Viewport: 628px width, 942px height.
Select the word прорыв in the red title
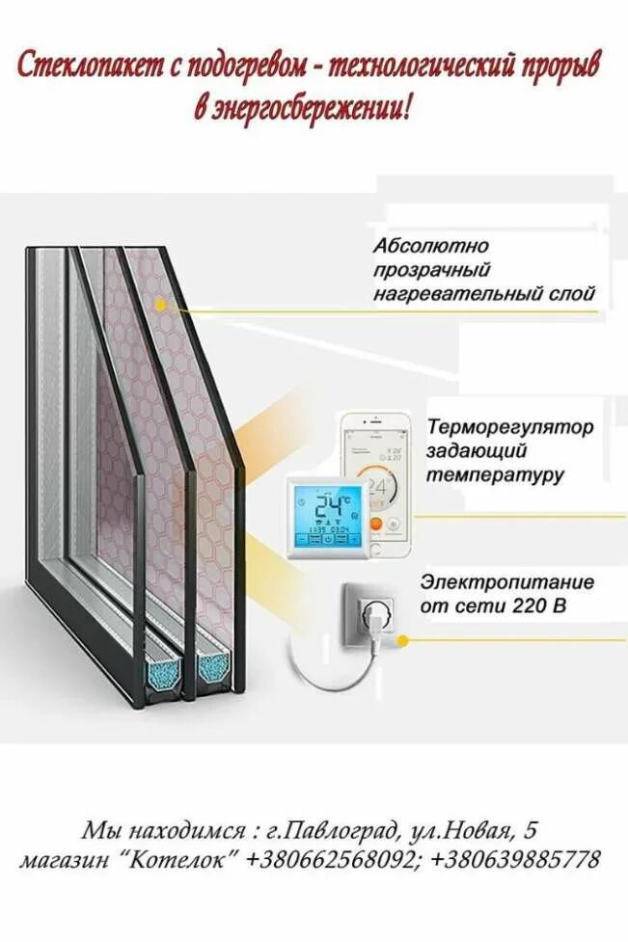[x=560, y=68]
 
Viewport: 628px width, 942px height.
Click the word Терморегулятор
[x=510, y=426]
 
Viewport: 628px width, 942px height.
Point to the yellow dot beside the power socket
[x=403, y=639]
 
